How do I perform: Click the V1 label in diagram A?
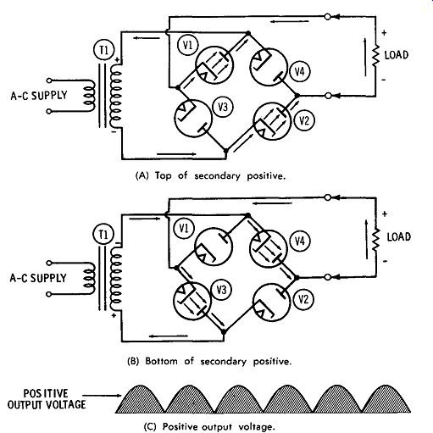[188, 45]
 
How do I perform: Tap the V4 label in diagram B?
[300, 241]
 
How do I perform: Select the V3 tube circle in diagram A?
[193, 119]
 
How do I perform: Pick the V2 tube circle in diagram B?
[271, 303]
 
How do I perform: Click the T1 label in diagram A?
[104, 50]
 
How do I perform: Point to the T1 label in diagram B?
[103, 234]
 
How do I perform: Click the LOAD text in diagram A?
[397, 55]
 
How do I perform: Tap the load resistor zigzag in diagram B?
[375, 240]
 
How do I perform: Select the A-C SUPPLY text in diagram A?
[39, 96]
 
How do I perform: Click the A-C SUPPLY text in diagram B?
[38, 278]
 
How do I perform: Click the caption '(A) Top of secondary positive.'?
[210, 175]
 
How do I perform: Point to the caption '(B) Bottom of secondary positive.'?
[209, 361]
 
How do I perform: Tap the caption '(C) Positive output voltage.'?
[209, 426]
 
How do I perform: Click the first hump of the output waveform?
[140, 401]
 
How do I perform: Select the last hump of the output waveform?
[386, 401]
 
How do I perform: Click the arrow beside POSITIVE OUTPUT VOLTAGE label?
[102, 395]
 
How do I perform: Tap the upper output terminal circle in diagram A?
[328, 17]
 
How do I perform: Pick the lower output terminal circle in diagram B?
[328, 277]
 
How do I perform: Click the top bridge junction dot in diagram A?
[248, 33]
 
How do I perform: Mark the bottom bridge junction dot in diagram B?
[224, 332]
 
